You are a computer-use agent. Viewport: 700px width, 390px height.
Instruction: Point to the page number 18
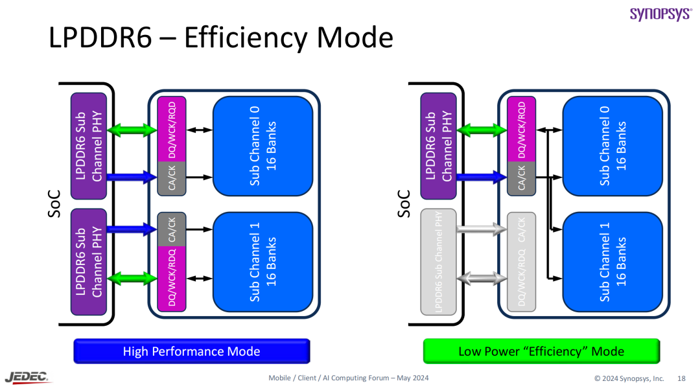click(x=681, y=378)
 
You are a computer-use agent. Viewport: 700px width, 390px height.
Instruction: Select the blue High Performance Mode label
click(x=191, y=352)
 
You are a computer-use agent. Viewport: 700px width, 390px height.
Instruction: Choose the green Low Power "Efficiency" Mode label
click(x=541, y=352)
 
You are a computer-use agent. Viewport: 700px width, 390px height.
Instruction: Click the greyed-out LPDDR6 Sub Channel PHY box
click(x=438, y=262)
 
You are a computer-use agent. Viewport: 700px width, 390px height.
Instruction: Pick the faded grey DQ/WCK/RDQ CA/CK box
click(x=522, y=262)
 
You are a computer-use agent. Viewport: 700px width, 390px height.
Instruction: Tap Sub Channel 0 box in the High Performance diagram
click(x=263, y=146)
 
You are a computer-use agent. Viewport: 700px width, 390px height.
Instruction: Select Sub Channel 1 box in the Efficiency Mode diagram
click(x=612, y=262)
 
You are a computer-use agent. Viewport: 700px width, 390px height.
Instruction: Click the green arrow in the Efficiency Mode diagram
click(x=482, y=130)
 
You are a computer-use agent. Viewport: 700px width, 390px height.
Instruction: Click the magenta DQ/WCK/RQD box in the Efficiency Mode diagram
click(x=522, y=128)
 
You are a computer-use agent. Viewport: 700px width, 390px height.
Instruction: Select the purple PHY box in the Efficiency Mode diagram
click(x=438, y=146)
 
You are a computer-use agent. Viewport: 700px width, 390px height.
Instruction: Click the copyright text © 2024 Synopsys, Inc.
click(x=629, y=378)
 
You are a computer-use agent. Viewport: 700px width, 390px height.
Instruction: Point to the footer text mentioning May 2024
click(x=348, y=378)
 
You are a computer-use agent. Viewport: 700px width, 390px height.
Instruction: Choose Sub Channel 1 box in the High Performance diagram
click(x=263, y=262)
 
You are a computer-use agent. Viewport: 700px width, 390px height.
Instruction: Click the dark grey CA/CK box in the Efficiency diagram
click(x=522, y=178)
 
